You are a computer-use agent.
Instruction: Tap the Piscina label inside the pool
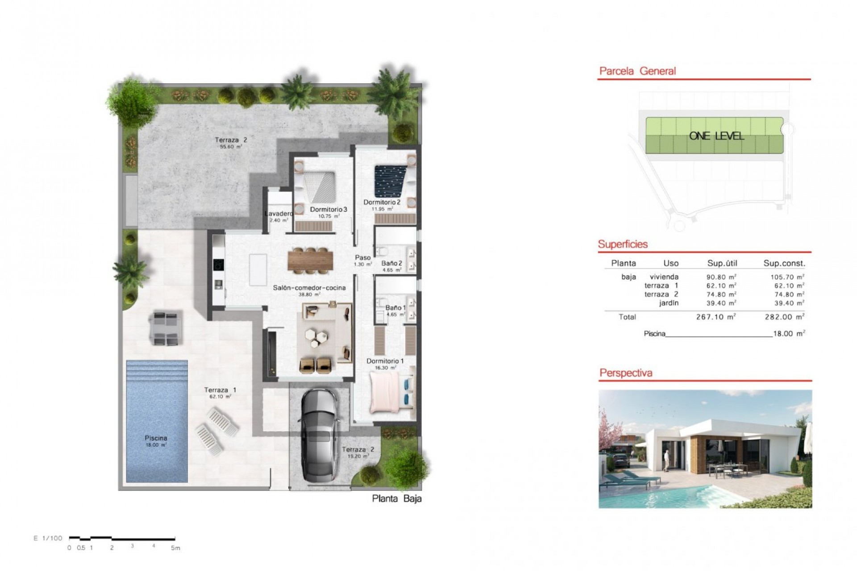[x=156, y=438]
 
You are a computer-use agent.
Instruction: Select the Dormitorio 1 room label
[x=385, y=361]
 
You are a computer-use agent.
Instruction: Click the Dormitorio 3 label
[x=328, y=209]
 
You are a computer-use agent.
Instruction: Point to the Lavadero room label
[x=278, y=214]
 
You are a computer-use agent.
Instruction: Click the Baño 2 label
[x=391, y=264]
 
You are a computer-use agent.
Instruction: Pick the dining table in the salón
[x=310, y=260]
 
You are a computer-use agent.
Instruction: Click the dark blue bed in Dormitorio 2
[x=391, y=181]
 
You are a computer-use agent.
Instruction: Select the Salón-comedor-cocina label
[x=309, y=288]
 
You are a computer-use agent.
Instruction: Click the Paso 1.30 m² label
[x=363, y=260]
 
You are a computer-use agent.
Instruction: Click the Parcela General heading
[x=637, y=71]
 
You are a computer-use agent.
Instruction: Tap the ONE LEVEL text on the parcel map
[x=716, y=136]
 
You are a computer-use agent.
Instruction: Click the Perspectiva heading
[x=626, y=373]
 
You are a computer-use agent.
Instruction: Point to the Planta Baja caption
[x=397, y=499]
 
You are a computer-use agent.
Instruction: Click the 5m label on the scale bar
[x=175, y=548]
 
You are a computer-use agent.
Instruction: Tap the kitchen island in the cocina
[x=258, y=270]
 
